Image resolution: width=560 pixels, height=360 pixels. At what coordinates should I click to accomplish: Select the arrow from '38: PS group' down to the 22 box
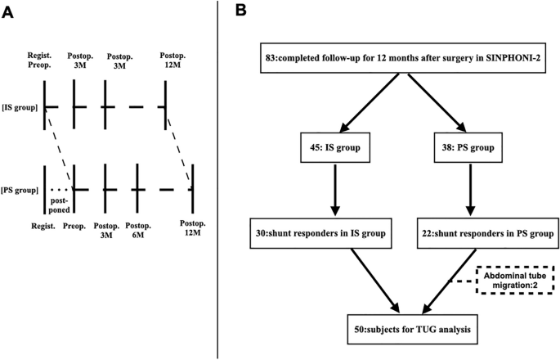coord(470,191)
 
